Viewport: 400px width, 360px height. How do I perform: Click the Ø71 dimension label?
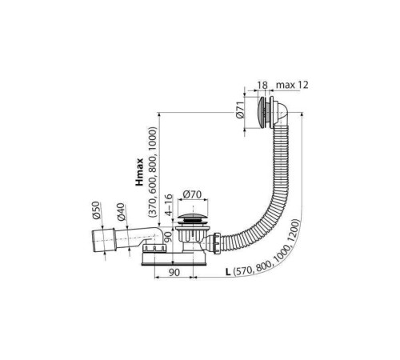[240, 110]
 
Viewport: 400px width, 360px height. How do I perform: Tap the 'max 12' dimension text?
[292, 85]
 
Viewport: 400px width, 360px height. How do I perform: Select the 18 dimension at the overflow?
[262, 85]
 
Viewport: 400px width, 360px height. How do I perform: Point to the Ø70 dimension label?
[192, 194]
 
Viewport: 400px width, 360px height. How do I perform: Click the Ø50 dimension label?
[96, 210]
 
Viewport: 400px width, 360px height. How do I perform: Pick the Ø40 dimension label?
[121, 212]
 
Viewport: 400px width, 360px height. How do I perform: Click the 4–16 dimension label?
[169, 205]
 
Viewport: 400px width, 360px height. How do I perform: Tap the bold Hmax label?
[139, 172]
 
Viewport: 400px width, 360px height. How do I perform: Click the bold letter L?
[228, 272]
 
